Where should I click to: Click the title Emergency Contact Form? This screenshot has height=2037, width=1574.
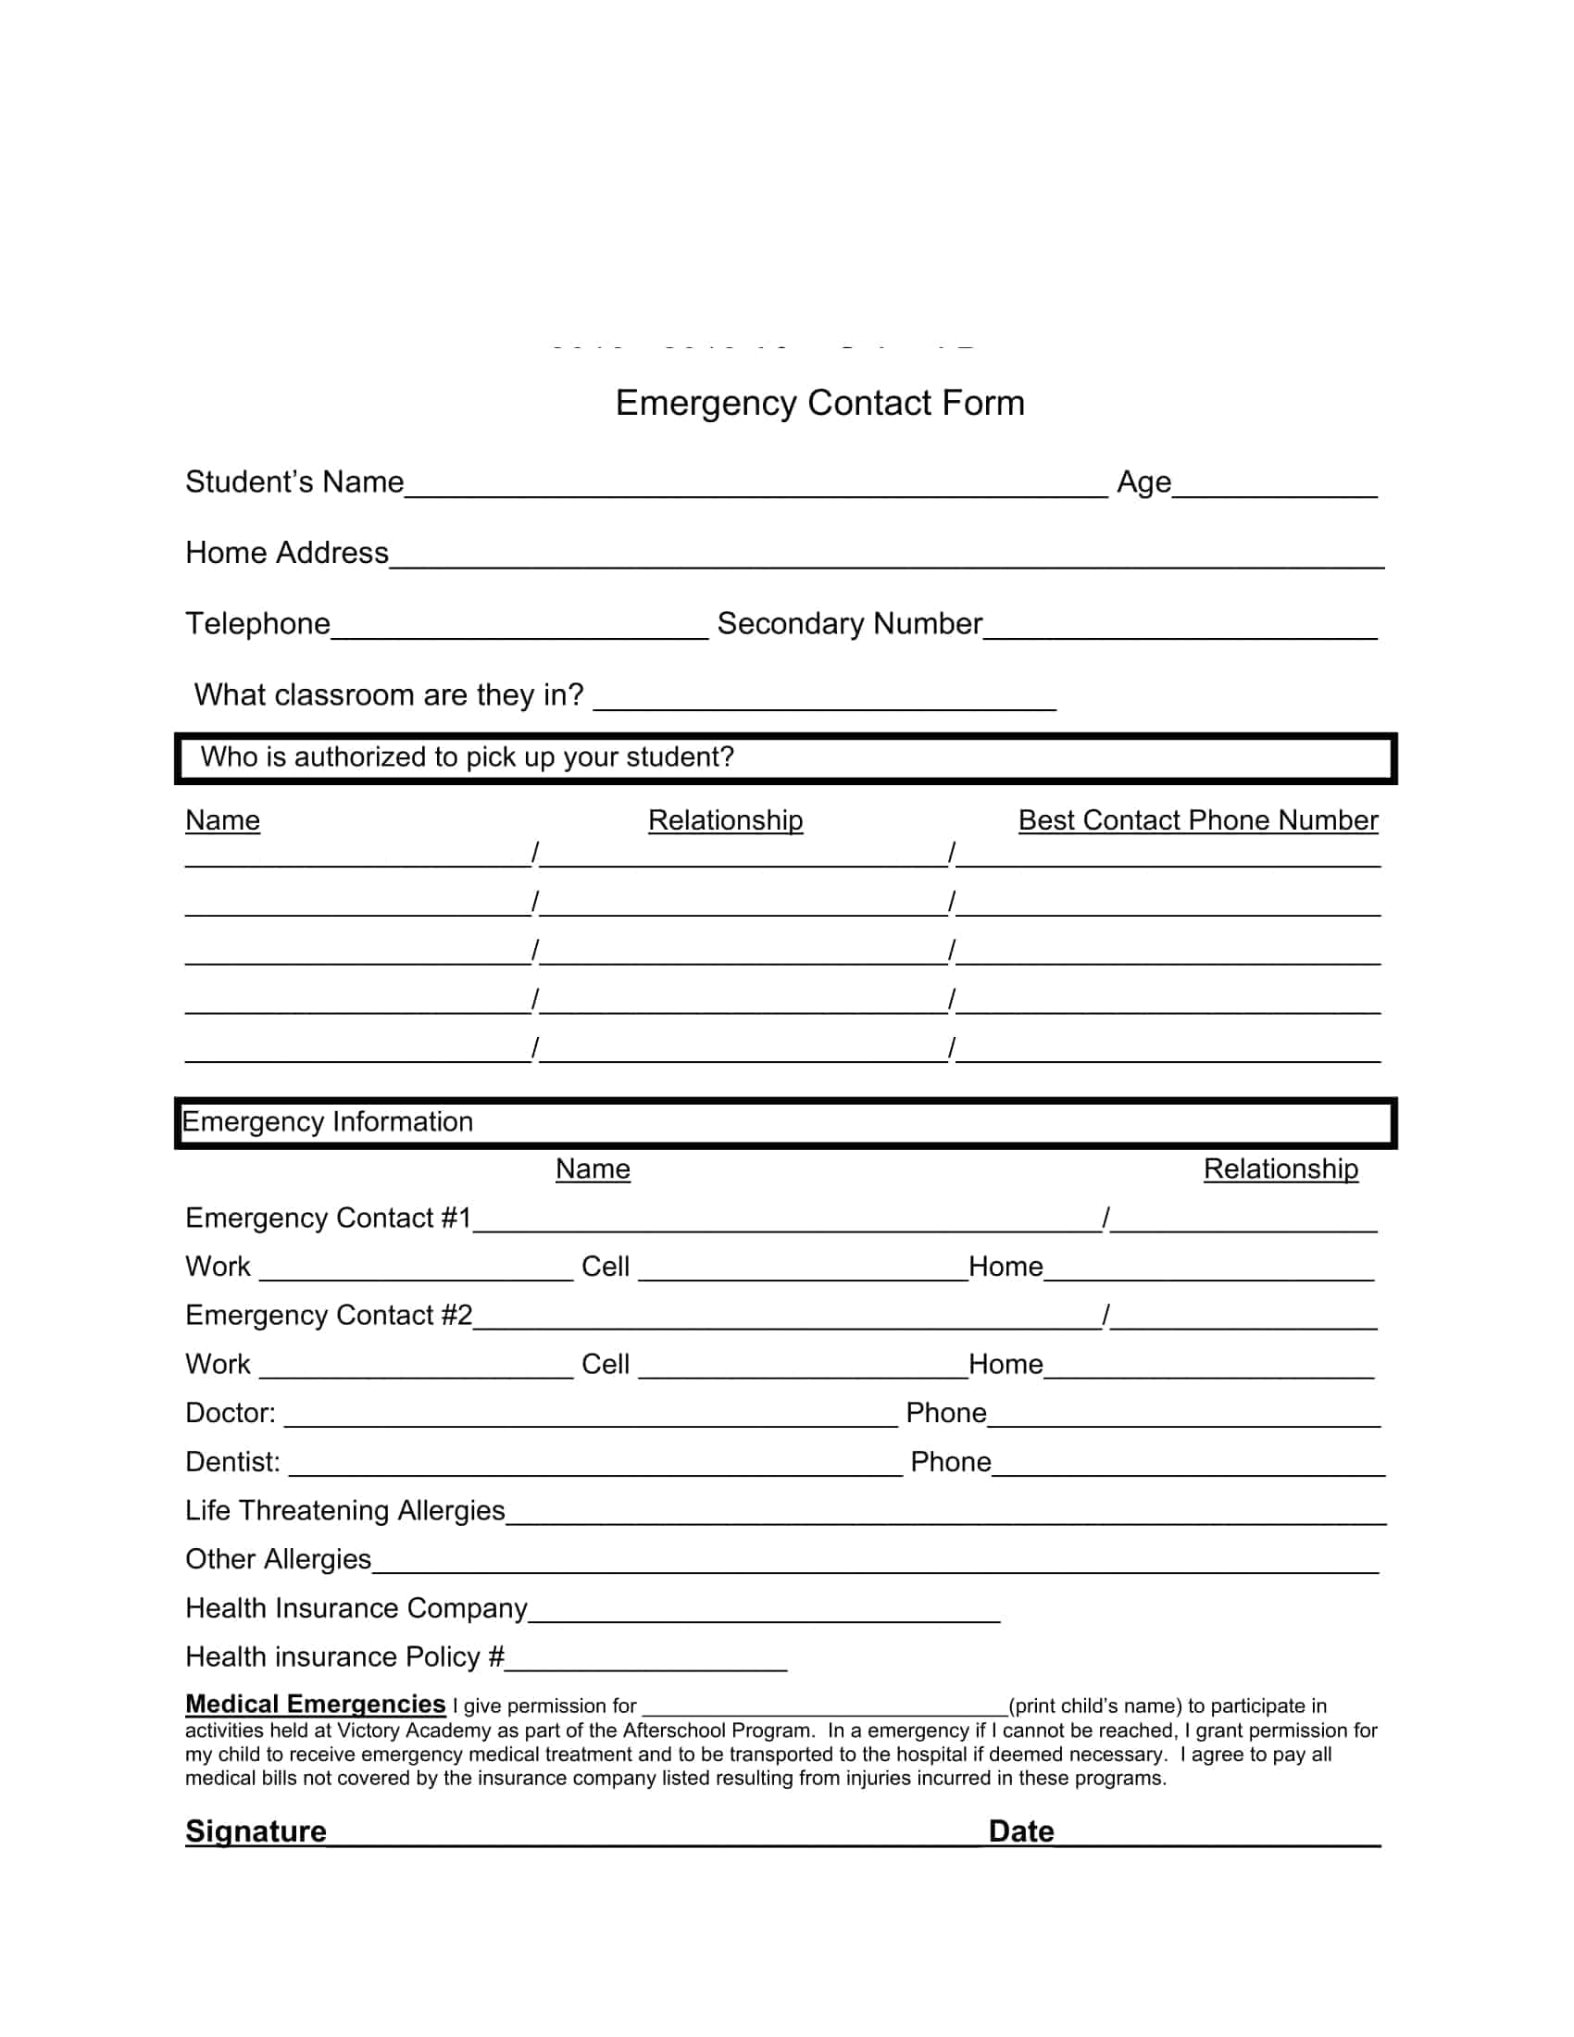pos(819,403)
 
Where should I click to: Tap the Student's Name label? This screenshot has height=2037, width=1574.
pos(294,482)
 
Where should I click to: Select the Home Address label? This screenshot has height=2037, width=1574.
pos(286,553)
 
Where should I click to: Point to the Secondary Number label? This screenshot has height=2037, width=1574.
pos(849,624)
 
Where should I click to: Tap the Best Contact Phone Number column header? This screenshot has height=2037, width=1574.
pos(1197,820)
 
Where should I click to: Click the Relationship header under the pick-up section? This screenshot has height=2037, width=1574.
pos(725,820)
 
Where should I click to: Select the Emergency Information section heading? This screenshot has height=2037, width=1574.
pos(327,1122)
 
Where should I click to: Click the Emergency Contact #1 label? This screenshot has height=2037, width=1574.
pos(327,1218)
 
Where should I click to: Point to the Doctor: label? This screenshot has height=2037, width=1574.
pos(231,1413)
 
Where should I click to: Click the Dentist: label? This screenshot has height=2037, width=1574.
pos(232,1461)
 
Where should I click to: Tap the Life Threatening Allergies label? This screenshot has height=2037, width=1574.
pos(344,1510)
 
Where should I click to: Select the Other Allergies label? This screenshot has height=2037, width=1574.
pos(278,1559)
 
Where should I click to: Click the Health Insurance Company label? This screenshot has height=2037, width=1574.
pos(356,1608)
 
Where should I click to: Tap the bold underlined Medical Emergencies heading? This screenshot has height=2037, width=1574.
pos(315,1704)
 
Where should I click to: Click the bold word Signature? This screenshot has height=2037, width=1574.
pos(256,1831)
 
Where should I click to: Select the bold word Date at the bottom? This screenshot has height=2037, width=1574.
pos(1020,1831)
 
